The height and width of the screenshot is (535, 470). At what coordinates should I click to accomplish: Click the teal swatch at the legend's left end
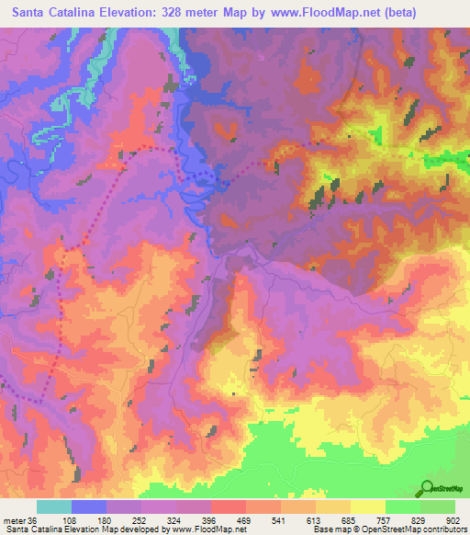[54, 507]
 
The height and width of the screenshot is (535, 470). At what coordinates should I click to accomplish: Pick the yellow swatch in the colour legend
[368, 507]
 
